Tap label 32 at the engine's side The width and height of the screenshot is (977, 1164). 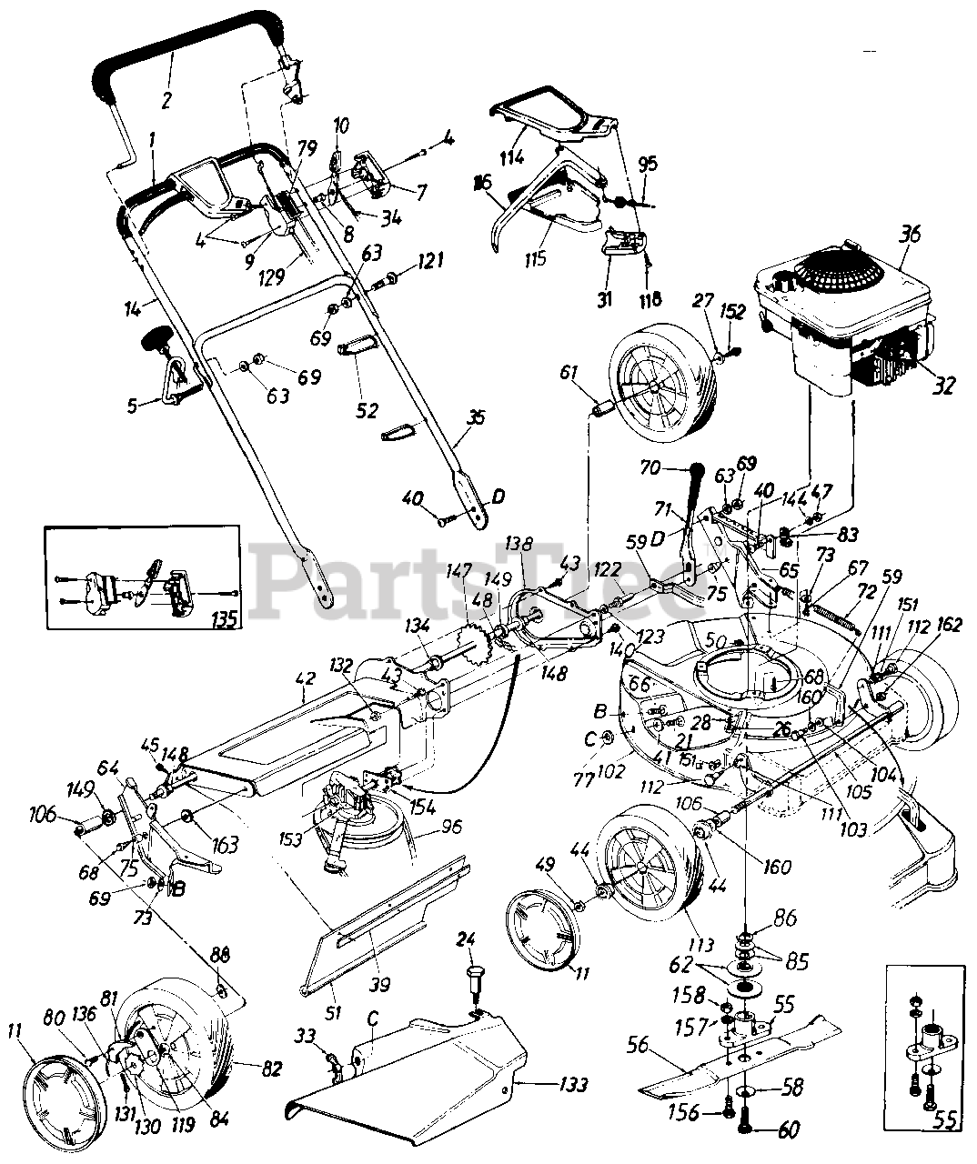coord(942,384)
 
